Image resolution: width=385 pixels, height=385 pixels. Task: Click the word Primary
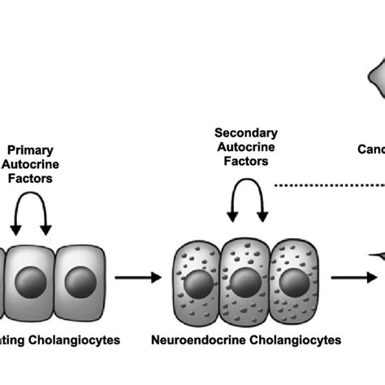[30, 149]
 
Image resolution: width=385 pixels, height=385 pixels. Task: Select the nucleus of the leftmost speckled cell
[197, 283]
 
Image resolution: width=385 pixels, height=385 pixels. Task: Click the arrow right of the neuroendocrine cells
[357, 279]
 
